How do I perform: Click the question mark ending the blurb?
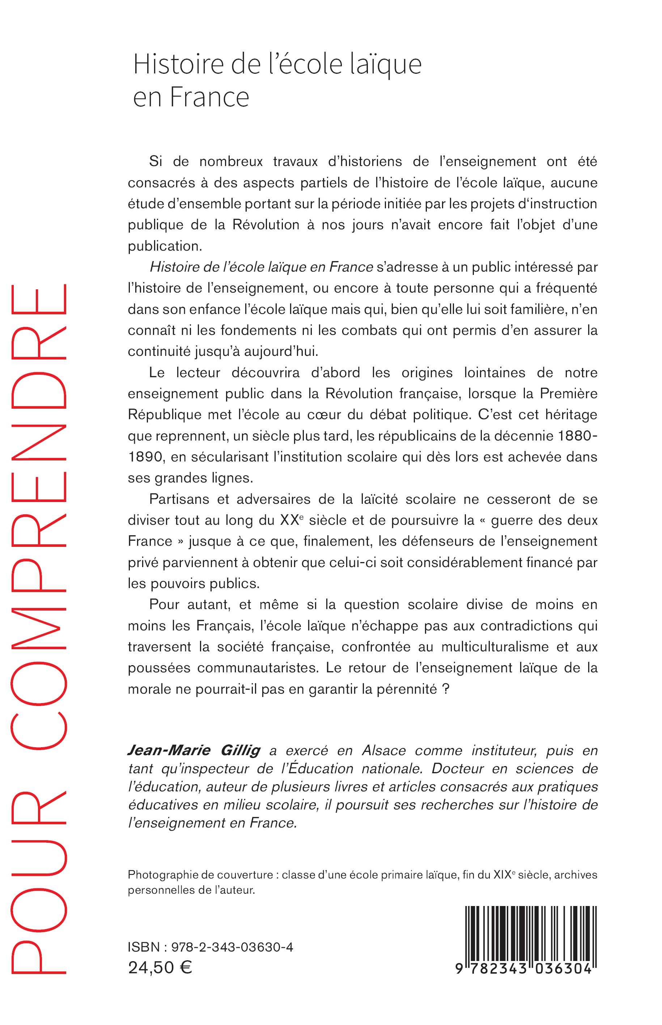click(445, 689)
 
